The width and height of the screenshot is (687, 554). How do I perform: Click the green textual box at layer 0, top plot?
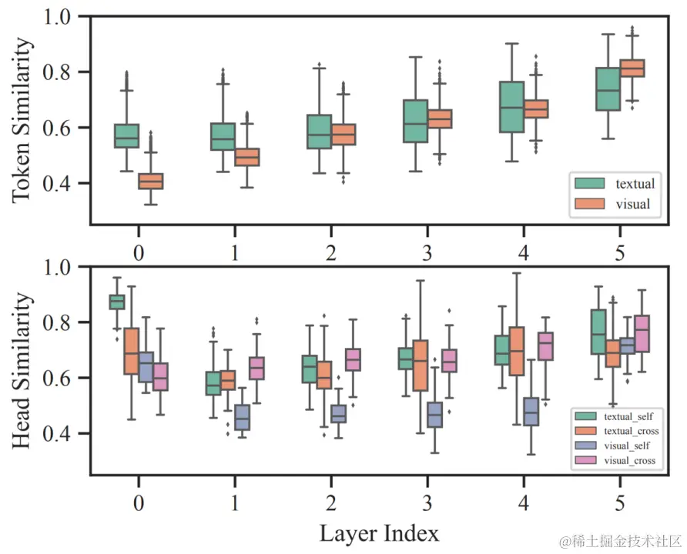point(126,135)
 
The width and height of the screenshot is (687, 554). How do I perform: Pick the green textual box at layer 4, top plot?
point(511,107)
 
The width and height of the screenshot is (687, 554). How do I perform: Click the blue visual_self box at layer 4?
point(531,412)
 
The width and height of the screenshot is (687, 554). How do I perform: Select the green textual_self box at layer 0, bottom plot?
point(117,302)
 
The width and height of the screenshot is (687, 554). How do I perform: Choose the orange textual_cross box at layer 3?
point(421,365)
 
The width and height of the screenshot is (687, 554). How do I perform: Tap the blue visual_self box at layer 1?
point(242,417)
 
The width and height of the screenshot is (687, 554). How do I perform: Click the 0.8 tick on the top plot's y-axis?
point(65,72)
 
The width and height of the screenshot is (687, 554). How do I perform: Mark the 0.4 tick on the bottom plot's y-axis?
point(65,434)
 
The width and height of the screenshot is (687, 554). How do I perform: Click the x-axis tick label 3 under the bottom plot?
point(427,503)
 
